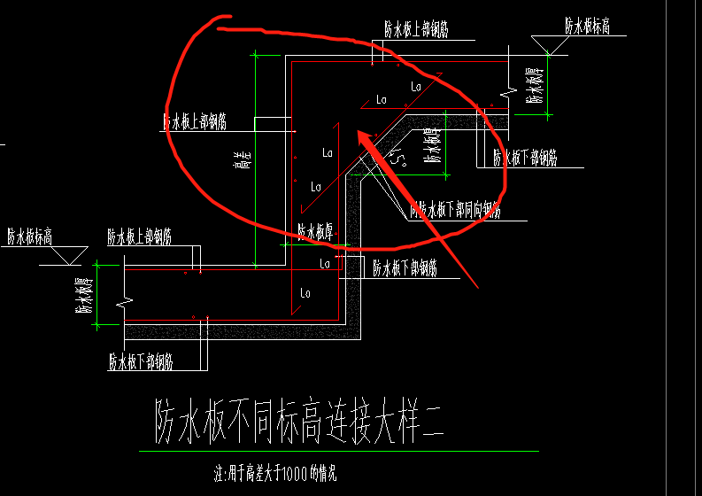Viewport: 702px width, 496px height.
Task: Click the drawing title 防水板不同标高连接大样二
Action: pyautogui.click(x=299, y=420)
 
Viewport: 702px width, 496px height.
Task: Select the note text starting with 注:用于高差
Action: pyautogui.click(x=275, y=473)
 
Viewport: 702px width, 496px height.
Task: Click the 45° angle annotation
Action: pyautogui.click(x=400, y=159)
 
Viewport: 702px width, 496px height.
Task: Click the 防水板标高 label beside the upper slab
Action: pyautogui.click(x=588, y=27)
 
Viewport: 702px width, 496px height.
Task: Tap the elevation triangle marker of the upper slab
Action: pyautogui.click(x=548, y=45)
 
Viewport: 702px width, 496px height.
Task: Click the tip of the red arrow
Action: pyautogui.click(x=359, y=133)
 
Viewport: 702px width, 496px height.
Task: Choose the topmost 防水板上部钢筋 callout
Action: pyautogui.click(x=416, y=29)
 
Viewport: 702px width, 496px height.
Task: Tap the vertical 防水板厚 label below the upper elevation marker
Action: pyautogui.click(x=534, y=84)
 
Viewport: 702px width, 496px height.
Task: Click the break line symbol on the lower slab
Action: pyautogui.click(x=130, y=301)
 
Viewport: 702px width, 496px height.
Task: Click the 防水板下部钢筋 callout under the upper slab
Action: pyautogui.click(x=525, y=159)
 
